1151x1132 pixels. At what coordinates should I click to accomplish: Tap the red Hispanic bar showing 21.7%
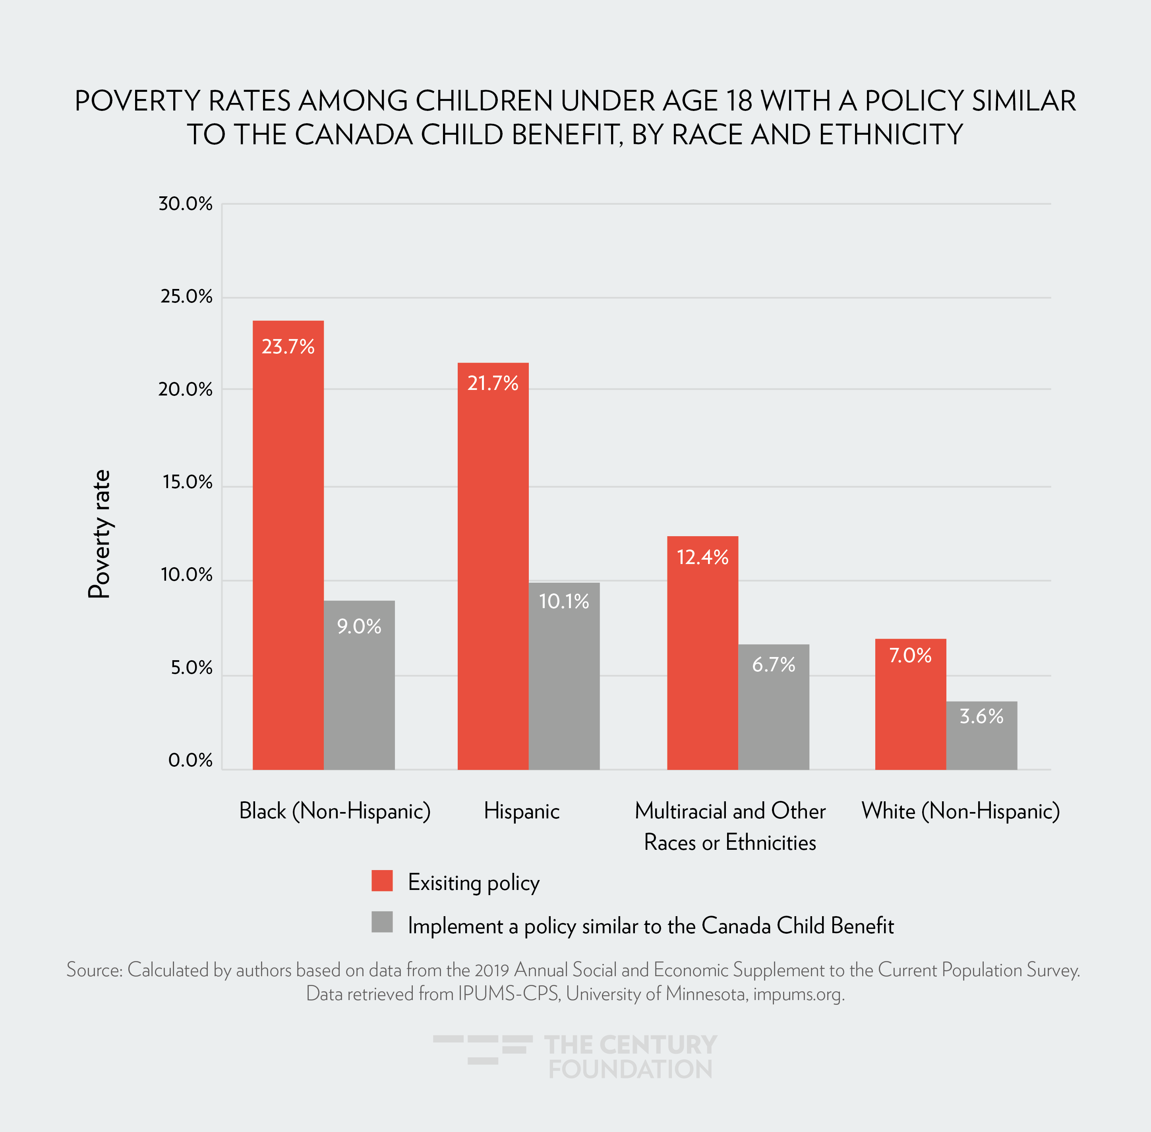(493, 565)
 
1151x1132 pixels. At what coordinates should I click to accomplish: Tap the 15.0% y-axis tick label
(187, 482)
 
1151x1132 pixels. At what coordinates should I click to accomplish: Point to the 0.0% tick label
(190, 760)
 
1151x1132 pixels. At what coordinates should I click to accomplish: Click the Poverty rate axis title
(100, 534)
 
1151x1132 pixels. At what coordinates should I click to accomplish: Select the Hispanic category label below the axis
(521, 811)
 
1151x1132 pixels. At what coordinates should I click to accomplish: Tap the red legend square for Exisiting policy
(382, 880)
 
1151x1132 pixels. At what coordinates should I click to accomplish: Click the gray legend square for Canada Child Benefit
(382, 922)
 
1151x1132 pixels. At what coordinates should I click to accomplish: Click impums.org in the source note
(798, 994)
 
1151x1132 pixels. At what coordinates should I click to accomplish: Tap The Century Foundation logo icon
(482, 1049)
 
